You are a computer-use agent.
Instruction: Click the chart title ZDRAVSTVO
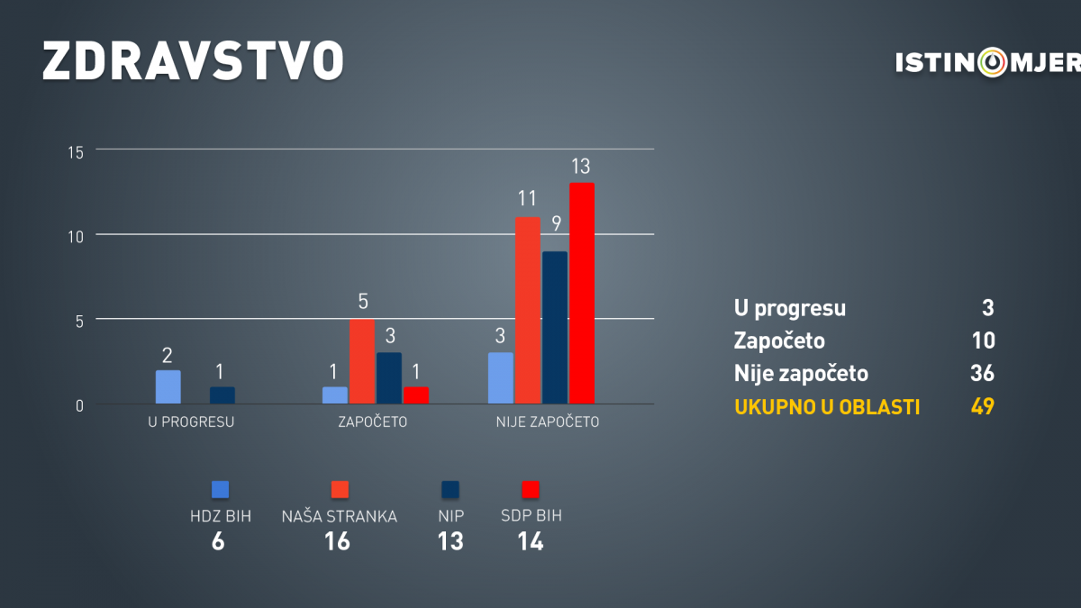193,60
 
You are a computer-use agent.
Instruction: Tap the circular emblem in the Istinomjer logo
993,62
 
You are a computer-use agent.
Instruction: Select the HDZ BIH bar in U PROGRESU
168,387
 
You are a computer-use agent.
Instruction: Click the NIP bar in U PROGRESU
222,395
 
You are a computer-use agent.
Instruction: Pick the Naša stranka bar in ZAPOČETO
362,361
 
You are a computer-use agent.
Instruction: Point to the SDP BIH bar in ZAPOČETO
416,395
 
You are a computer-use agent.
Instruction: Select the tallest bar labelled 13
582,294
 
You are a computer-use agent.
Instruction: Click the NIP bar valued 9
555,328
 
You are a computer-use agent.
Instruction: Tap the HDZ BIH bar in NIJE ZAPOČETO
501,378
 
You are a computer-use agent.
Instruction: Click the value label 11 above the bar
527,198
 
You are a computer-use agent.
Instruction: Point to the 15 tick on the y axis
76,153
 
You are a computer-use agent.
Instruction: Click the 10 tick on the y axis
76,237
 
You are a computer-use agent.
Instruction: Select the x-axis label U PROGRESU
191,422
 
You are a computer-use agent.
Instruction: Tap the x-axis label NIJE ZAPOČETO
548,422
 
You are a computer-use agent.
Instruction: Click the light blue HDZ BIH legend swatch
220,489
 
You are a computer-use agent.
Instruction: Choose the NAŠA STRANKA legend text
340,516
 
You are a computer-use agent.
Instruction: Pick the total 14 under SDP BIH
531,541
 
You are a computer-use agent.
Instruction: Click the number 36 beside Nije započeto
983,373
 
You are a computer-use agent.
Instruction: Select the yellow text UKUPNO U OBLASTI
827,407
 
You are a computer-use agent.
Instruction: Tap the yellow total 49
983,406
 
